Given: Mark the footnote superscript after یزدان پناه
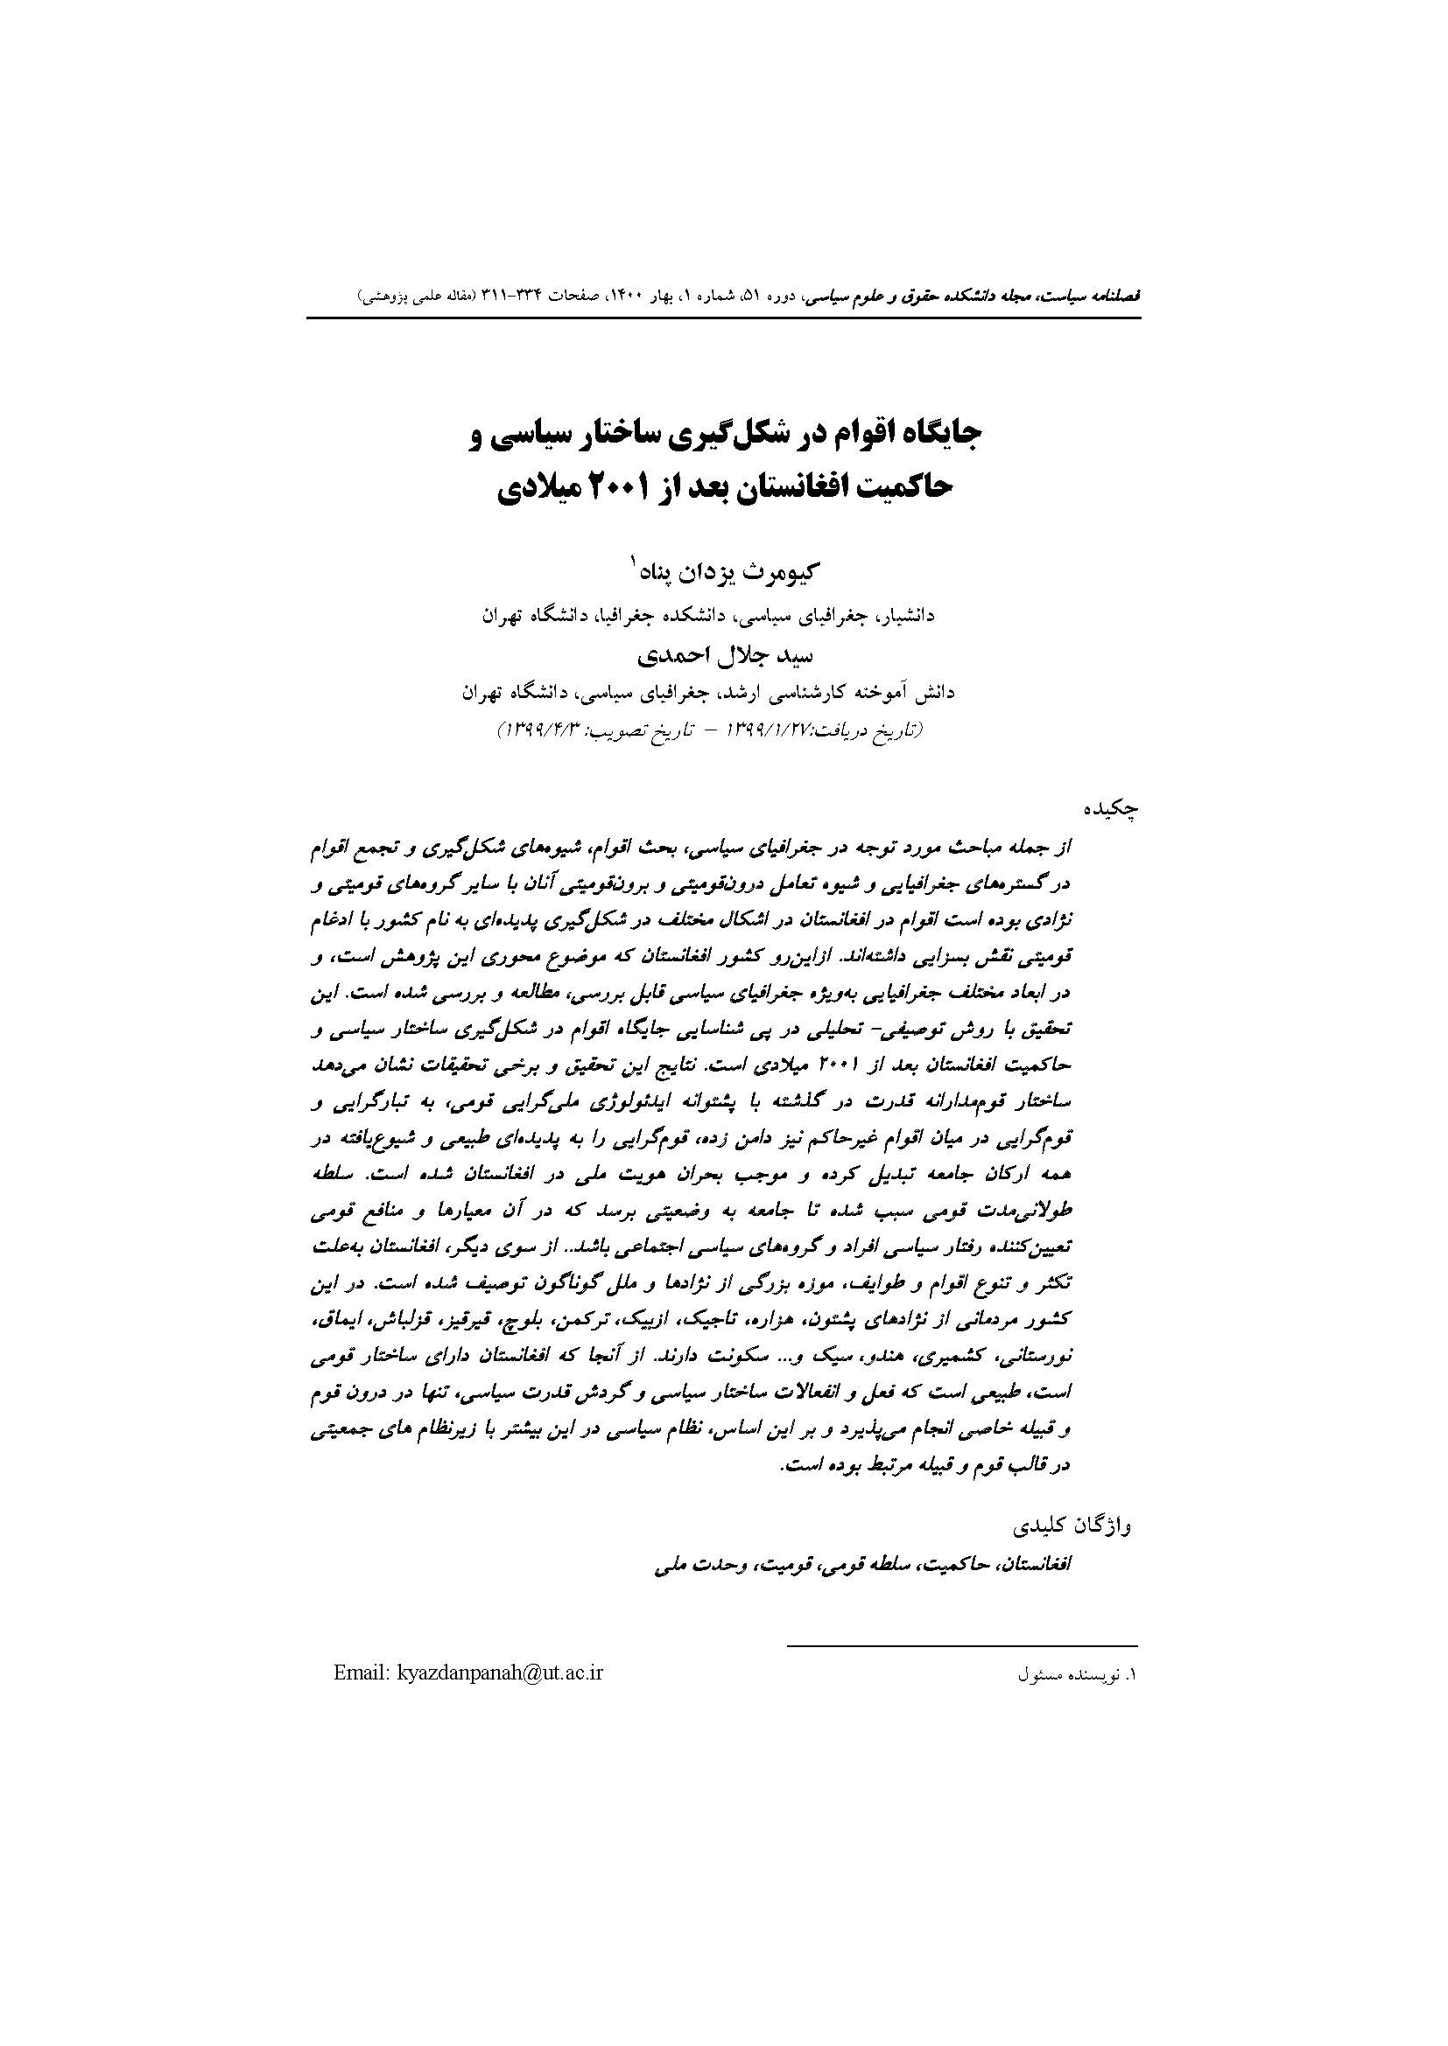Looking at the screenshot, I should (x=634, y=562).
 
